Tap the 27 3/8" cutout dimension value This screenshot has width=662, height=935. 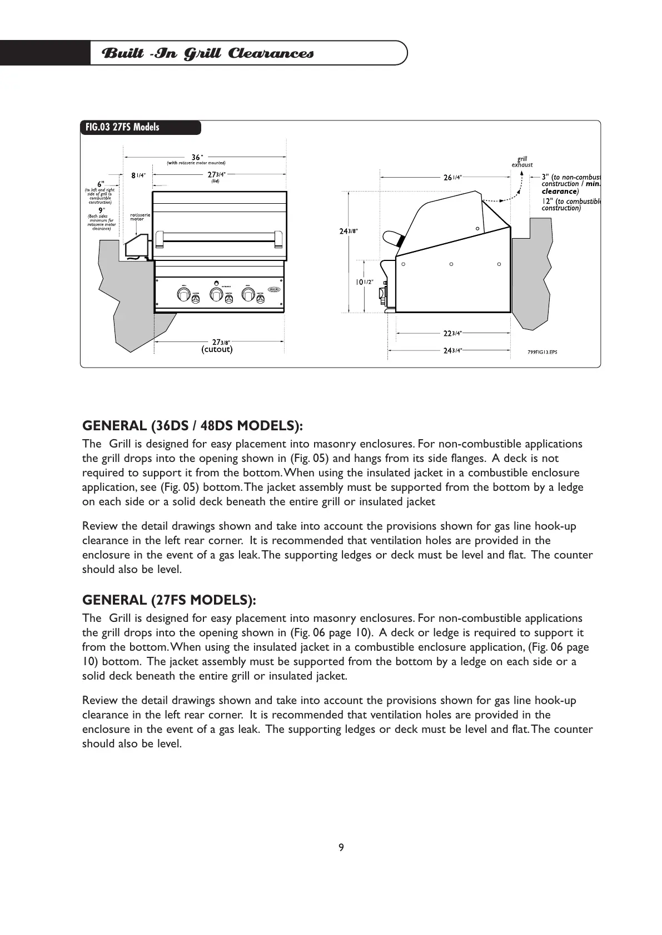tap(221, 341)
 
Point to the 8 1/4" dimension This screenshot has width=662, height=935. tap(138, 175)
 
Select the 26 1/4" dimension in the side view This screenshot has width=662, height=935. tap(451, 177)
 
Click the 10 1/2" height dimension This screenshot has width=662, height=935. tap(364, 282)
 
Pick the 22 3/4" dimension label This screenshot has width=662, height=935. tap(452, 333)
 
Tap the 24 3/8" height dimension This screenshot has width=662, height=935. tap(349, 231)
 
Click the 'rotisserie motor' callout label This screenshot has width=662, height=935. tap(140, 217)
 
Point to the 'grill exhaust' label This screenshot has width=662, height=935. tap(522, 162)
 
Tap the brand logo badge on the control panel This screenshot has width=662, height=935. tap(275, 289)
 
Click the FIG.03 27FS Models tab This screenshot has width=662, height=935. tap(122, 127)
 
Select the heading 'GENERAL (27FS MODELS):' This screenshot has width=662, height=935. tap(169, 600)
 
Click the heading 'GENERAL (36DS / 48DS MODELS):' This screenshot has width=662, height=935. tap(192, 426)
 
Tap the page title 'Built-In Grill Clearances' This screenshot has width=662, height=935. tap(208, 53)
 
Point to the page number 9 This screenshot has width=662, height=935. tap(341, 847)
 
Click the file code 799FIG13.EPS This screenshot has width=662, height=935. tap(542, 351)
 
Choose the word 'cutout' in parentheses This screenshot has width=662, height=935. tap(217, 349)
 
